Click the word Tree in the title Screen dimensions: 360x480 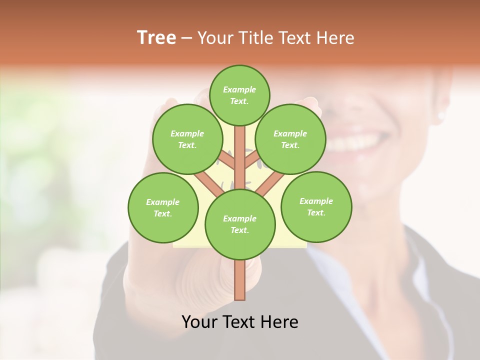tap(156, 38)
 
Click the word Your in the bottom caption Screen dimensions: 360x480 tap(199, 321)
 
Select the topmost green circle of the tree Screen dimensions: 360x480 tap(239, 95)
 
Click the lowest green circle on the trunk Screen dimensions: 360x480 tap(240, 224)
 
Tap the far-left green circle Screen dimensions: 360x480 tap(163, 207)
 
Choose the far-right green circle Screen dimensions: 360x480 tap(316, 206)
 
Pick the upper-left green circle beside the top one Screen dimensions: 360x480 tap(187, 139)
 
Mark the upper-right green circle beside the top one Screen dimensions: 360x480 tap(290, 139)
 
